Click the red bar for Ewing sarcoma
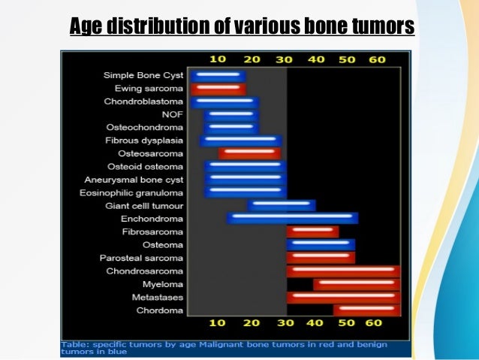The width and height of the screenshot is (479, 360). tap(218, 89)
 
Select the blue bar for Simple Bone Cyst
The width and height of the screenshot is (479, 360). tap(218, 75)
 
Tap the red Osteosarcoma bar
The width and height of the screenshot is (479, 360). tap(250, 153)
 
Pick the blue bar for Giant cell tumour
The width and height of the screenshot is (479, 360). tap(282, 205)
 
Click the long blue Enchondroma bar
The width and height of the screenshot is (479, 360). tap(293, 218)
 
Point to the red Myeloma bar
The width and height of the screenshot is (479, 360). tap(357, 284)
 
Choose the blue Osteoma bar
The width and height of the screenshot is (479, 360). tap(321, 244)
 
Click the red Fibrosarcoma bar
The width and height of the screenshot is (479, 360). tap(312, 231)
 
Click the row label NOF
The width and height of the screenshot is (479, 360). tap(173, 114)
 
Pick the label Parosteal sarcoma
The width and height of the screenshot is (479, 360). tap(142, 258)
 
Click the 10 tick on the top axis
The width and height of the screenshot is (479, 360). tap(218, 59)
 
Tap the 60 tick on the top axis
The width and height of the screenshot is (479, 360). tap(377, 59)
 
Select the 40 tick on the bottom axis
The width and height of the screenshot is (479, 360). tap(315, 323)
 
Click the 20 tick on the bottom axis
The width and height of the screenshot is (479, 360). tap(252, 323)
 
